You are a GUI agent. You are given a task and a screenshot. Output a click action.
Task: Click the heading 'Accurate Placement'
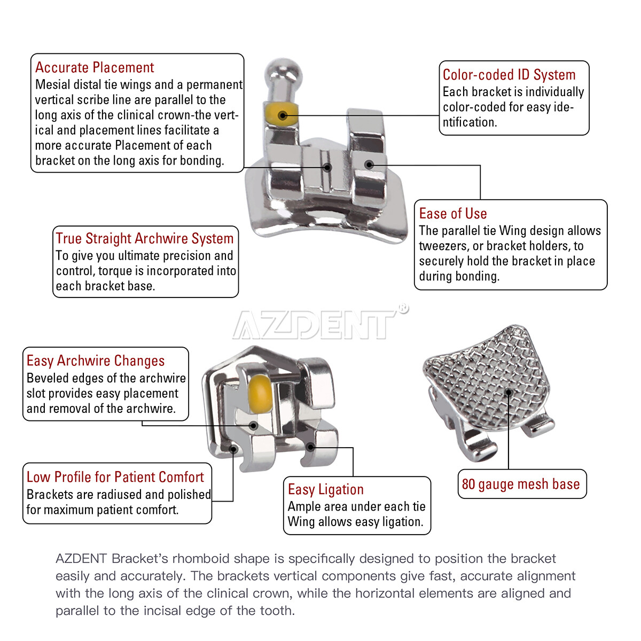[95, 68]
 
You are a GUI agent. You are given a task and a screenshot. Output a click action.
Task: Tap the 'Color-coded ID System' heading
[509, 75]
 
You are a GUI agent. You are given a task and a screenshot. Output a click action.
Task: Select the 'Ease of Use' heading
[452, 214]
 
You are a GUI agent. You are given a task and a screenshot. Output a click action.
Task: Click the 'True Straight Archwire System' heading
[144, 238]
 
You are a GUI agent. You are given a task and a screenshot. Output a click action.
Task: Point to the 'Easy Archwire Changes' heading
[95, 361]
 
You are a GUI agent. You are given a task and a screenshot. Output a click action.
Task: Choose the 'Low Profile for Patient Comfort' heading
[115, 477]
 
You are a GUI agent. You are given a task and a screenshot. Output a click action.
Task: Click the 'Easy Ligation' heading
[325, 489]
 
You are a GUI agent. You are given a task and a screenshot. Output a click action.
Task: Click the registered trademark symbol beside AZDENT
[403, 308]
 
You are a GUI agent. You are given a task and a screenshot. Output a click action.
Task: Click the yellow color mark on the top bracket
[282, 114]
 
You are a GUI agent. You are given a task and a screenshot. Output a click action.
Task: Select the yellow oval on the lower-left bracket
[260, 389]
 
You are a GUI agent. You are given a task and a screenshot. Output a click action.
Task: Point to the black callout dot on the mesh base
[509, 393]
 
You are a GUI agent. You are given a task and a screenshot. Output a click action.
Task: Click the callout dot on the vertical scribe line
[327, 167]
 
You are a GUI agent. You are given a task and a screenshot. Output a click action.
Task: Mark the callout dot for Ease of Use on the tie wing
[369, 165]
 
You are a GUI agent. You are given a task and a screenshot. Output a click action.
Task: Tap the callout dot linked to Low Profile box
[233, 449]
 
